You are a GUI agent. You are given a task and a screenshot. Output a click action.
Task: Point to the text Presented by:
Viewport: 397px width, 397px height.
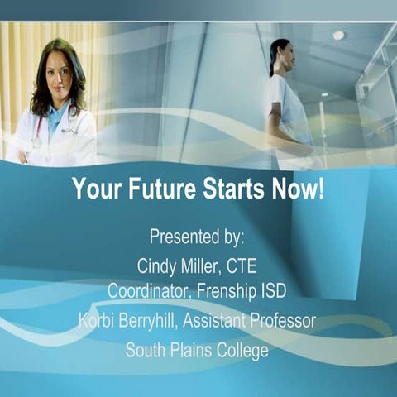tap(197, 237)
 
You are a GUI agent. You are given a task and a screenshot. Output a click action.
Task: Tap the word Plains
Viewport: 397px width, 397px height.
tap(196, 350)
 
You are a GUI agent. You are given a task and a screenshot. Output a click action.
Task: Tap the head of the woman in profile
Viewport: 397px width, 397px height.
tap(280, 56)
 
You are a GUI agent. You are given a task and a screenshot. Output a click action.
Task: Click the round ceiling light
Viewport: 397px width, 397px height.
tap(337, 35)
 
